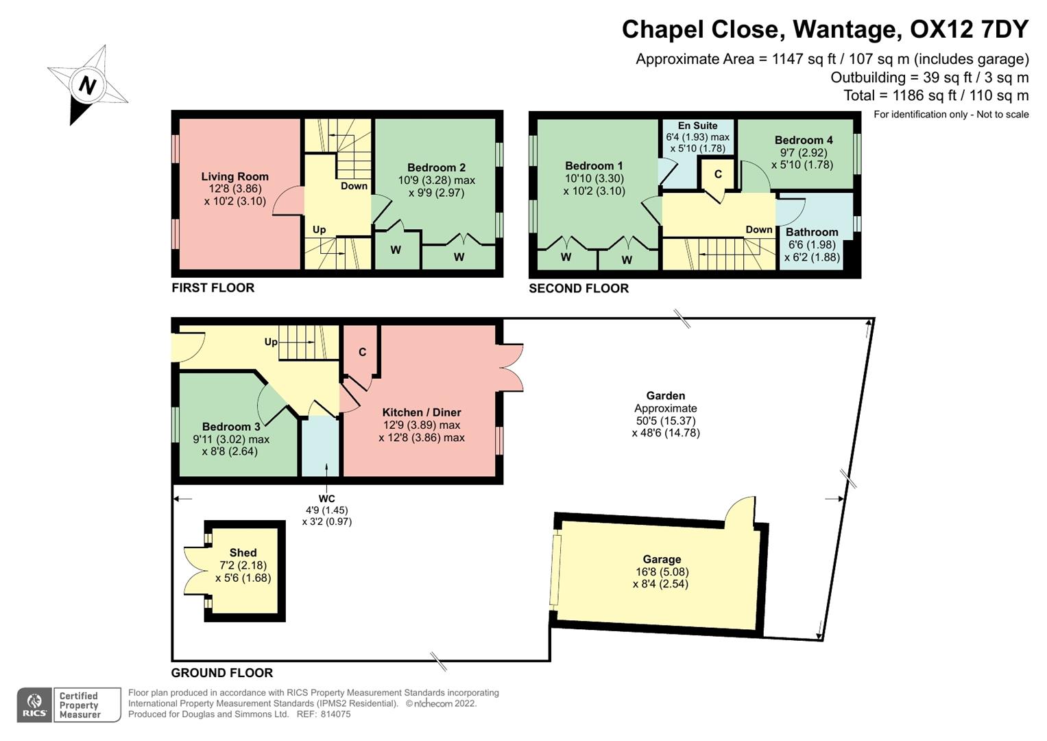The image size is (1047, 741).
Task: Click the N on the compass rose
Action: (87, 85)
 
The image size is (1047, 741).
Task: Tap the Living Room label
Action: (234, 176)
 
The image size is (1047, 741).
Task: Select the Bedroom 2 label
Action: (436, 167)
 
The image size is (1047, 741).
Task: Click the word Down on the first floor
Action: (354, 186)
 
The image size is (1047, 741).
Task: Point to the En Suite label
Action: (697, 126)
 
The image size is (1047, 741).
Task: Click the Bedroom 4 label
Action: (804, 140)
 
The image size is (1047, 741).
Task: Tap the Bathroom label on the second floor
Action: (812, 232)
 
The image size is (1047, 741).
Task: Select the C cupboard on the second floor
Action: (718, 174)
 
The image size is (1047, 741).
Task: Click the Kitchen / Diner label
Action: (422, 412)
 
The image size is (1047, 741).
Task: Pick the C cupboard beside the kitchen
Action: (362, 352)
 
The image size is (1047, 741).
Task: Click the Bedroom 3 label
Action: (231, 427)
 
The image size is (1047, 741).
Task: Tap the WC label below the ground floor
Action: (326, 499)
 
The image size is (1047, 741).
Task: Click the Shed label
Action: (243, 552)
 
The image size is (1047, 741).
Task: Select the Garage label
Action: (662, 559)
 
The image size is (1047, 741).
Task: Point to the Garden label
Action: (665, 395)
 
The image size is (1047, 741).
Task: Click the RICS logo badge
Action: (34, 705)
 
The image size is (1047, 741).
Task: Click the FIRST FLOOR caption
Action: (213, 287)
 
